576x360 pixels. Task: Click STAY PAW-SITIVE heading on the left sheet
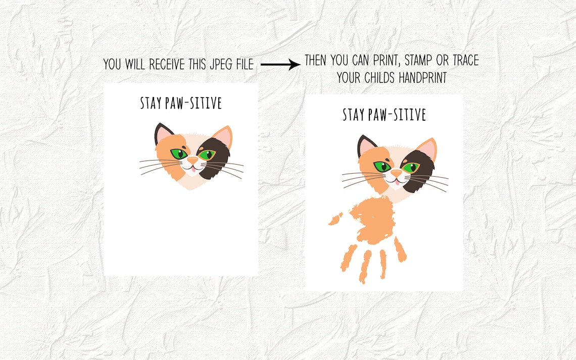pyautogui.click(x=181, y=104)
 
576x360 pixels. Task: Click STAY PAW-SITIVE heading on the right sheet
pyautogui.click(x=384, y=115)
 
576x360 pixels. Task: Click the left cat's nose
pyautogui.click(x=193, y=160)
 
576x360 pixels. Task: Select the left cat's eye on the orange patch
pyautogui.click(x=178, y=153)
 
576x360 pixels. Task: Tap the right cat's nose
pyautogui.click(x=396, y=173)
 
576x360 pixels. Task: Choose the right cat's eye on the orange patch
pyautogui.click(x=381, y=166)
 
